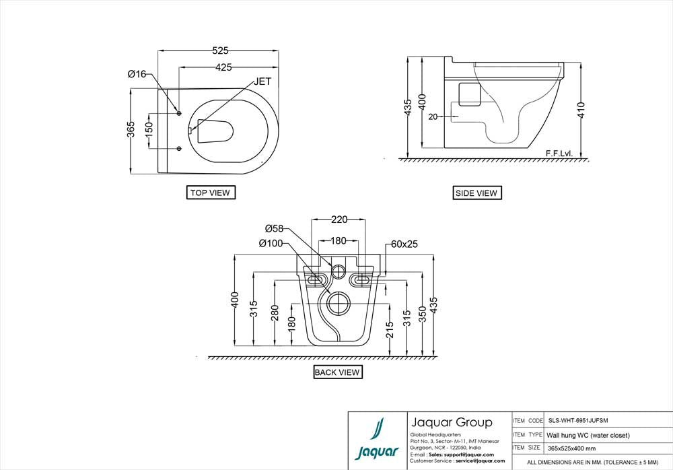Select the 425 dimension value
tap(225, 67)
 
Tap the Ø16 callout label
tap(137, 74)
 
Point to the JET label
tap(263, 81)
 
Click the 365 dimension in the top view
tap(132, 129)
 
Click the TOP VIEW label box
tap(210, 193)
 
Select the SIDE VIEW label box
tap(476, 193)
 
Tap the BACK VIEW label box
tap(337, 372)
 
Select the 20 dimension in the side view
tap(433, 116)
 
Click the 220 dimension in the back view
tap(339, 220)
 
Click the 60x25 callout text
tap(404, 244)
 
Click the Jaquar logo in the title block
tap(377, 440)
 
